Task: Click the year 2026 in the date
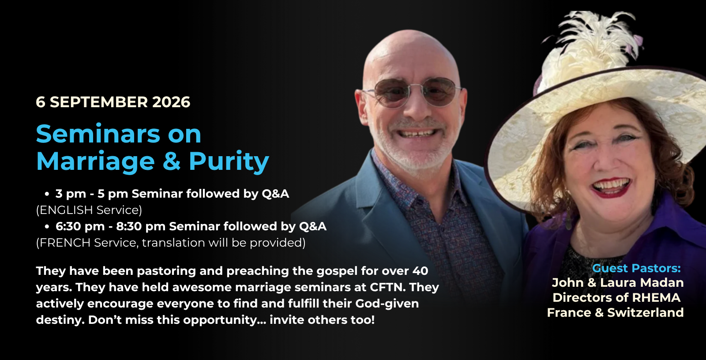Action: [171, 102]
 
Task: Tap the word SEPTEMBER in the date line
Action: [99, 102]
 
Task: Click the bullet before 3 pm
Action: [47, 194]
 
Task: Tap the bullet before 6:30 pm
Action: [47, 226]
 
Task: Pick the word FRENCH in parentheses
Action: [65, 243]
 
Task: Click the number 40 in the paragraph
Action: [420, 271]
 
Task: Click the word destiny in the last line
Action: [60, 320]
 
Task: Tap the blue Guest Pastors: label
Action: [636, 268]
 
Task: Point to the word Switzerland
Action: [646, 313]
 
